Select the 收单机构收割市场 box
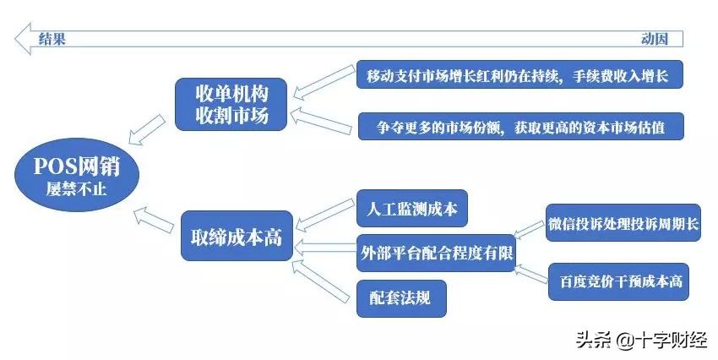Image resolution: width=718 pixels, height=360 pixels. (x=231, y=104)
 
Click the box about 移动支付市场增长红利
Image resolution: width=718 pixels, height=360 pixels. (x=519, y=76)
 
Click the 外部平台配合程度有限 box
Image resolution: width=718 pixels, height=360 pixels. (x=436, y=251)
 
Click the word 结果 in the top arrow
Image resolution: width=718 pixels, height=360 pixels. (x=52, y=39)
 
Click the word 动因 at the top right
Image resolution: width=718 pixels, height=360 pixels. (x=655, y=39)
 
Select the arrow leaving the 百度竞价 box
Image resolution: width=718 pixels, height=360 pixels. (x=531, y=270)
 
